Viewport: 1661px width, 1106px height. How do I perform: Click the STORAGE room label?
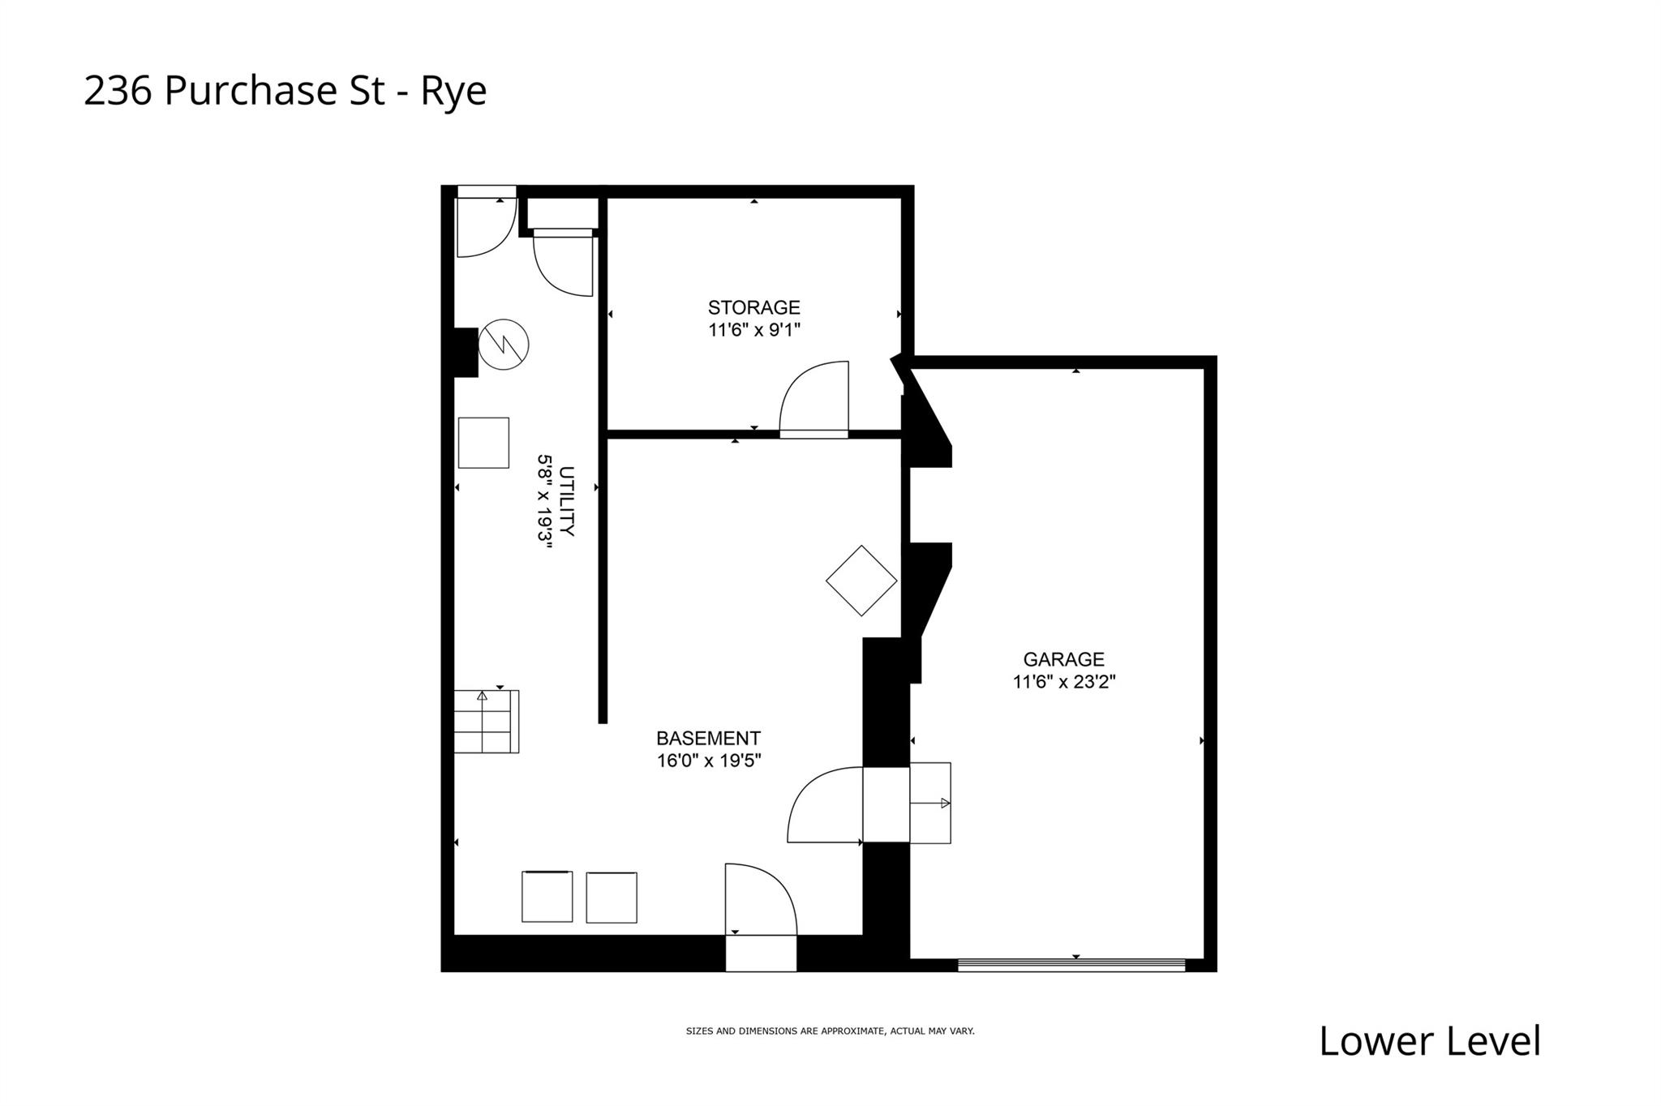753,307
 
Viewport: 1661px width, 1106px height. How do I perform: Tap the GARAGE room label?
1063,659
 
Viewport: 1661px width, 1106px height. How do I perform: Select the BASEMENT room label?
708,739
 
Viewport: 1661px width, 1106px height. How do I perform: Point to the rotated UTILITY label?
567,501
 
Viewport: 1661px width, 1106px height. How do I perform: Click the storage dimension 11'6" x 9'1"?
753,330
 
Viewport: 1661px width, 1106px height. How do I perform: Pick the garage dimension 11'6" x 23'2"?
1063,682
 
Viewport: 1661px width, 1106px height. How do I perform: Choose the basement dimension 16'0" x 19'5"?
709,761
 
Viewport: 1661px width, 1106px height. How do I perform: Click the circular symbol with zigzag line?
504,345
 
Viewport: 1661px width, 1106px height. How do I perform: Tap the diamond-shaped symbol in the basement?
861,581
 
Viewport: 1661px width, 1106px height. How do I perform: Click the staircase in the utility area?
486,721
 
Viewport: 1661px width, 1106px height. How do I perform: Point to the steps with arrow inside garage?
930,803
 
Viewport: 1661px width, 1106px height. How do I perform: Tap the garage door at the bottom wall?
1071,965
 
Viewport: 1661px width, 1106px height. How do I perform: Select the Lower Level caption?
1429,1041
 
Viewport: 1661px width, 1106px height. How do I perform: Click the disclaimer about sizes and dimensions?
830,1031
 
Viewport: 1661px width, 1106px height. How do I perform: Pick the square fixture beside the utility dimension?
483,443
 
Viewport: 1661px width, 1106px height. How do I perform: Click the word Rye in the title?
453,91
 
